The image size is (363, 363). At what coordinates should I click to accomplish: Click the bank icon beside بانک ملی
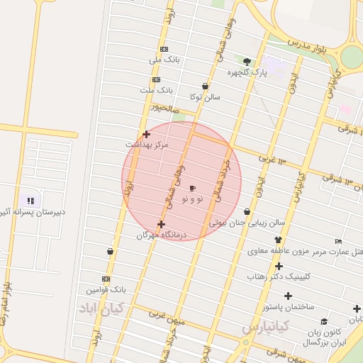164,49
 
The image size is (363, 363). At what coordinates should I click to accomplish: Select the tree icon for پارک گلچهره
247,61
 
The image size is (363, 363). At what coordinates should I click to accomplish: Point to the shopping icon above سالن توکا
205,86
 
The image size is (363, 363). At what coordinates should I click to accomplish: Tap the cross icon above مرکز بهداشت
146,133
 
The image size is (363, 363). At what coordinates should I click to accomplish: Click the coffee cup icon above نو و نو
192,188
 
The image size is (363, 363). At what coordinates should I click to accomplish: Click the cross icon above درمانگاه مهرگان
161,224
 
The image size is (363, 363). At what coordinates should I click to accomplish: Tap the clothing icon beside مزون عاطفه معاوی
279,240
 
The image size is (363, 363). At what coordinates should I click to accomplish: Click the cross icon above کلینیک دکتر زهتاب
279,266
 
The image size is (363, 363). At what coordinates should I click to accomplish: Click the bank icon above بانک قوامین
106,279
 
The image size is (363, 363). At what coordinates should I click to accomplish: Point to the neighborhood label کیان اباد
101,308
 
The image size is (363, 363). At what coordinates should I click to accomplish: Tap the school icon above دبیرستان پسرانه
30,201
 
